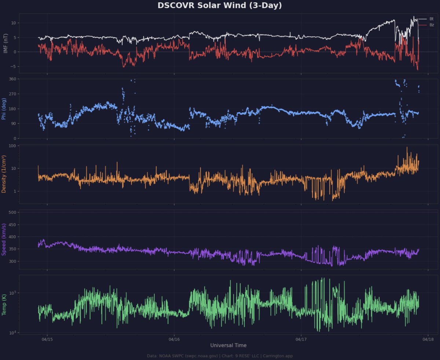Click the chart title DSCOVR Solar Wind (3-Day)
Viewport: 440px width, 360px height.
(220, 6)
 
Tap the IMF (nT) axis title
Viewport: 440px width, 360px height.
(5, 44)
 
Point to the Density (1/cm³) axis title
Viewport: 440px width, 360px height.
(4, 174)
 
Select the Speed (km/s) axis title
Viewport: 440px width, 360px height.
(4, 239)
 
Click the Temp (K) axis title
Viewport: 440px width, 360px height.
(4, 305)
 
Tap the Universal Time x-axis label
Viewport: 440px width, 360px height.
(228, 345)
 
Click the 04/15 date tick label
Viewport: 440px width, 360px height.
(47, 339)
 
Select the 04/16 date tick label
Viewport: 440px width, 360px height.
(174, 339)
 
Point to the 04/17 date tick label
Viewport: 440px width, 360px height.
(301, 339)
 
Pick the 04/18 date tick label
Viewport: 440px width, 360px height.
(428, 339)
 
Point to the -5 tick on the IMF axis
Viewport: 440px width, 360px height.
(14, 66)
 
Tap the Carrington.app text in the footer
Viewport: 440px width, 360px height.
(280, 356)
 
